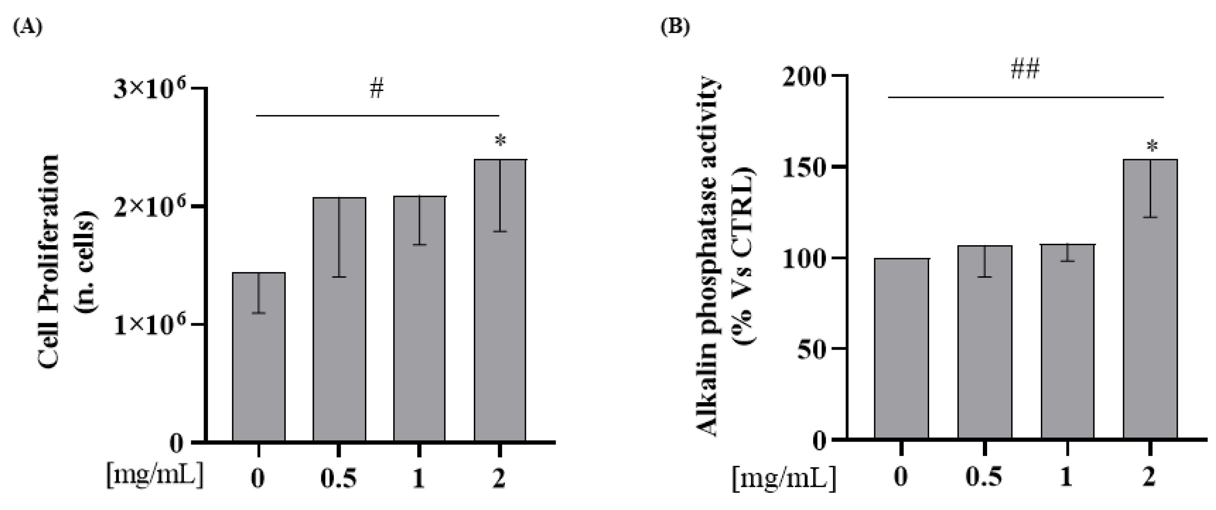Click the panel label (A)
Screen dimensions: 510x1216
[27, 27]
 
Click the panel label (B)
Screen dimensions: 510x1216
[675, 27]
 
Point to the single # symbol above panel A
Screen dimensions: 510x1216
[377, 89]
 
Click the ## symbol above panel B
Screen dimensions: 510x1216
[1025, 70]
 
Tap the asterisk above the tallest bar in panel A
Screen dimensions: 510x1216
[500, 141]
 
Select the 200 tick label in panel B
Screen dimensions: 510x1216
[805, 76]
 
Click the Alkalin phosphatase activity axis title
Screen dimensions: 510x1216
[708, 257]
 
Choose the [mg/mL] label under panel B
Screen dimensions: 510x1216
[784, 479]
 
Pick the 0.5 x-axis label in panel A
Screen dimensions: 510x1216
[339, 479]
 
